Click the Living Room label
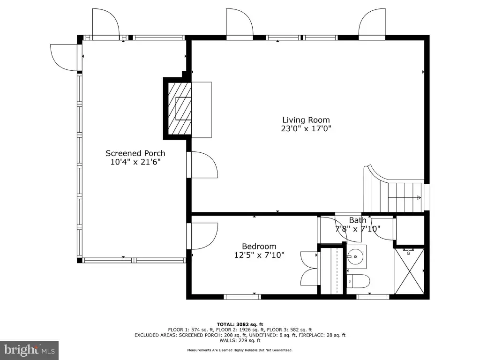(306, 120)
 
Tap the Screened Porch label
(135, 153)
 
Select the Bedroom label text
(259, 246)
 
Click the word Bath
(358, 220)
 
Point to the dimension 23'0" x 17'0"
(306, 128)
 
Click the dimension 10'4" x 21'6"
(135, 162)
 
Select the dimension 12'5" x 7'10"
(259, 255)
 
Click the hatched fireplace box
(180, 108)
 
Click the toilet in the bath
(358, 281)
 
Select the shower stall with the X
(409, 271)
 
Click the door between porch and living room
(202, 165)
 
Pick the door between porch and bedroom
(202, 236)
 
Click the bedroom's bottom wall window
(242, 297)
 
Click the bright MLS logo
(30, 350)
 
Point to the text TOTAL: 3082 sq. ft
(240, 324)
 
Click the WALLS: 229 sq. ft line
(240, 340)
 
